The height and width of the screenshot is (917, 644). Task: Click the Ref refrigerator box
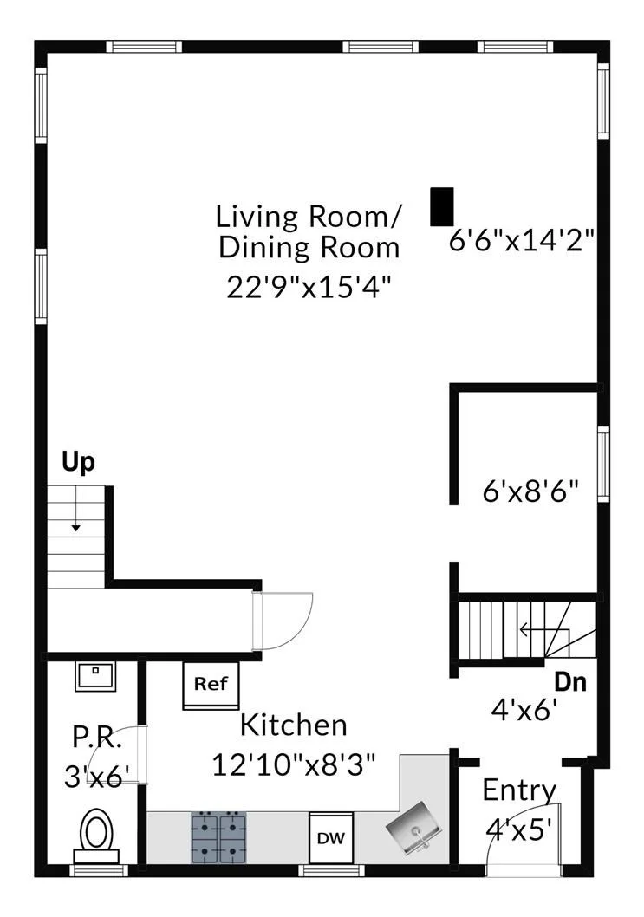tap(211, 686)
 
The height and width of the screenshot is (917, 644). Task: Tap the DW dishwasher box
tap(331, 837)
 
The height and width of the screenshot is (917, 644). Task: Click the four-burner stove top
tap(218, 837)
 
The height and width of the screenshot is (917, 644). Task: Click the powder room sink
tap(94, 676)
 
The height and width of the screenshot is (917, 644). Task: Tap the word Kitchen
tap(294, 725)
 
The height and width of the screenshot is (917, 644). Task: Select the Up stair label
tap(78, 463)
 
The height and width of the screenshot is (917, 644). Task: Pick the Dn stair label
tap(570, 682)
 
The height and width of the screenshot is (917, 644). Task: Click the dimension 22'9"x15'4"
tap(309, 287)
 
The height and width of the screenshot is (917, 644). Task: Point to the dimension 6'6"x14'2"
tap(522, 240)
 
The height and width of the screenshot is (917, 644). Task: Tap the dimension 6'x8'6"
tap(530, 491)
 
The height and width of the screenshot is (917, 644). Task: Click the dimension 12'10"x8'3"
tap(293, 764)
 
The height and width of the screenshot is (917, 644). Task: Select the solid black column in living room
tap(442, 206)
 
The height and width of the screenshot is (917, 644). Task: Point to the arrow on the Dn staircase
tap(544, 630)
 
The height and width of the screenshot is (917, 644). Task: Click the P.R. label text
tap(97, 738)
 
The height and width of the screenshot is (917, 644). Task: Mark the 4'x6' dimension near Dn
tap(524, 711)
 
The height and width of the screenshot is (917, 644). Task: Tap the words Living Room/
tap(309, 217)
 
